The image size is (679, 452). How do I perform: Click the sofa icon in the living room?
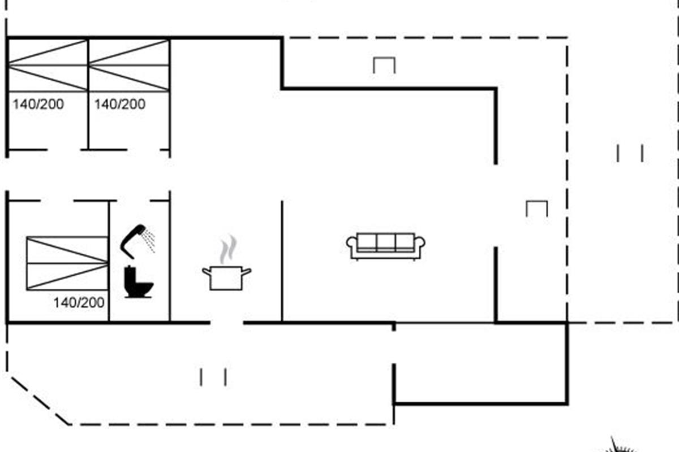point(385,246)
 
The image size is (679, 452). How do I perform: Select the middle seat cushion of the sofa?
point(386,242)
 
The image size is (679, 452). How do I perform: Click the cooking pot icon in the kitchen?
point(226,278)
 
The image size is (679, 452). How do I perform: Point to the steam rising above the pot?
point(228,249)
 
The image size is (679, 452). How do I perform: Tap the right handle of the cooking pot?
point(246,271)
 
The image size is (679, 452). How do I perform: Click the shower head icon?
point(134,241)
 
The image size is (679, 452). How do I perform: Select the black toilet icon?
point(138,282)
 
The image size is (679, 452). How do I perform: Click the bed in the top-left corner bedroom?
point(48,66)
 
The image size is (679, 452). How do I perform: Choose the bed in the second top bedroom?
point(129,66)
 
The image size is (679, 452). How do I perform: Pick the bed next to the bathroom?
point(67,263)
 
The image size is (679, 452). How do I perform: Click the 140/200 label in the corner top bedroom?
point(38,105)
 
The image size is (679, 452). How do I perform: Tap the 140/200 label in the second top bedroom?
point(120,105)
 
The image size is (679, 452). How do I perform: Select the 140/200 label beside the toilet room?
point(79,302)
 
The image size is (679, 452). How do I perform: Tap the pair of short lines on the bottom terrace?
point(213,377)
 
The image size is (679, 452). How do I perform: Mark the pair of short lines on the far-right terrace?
point(630,153)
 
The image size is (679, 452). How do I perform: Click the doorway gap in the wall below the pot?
point(227,323)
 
